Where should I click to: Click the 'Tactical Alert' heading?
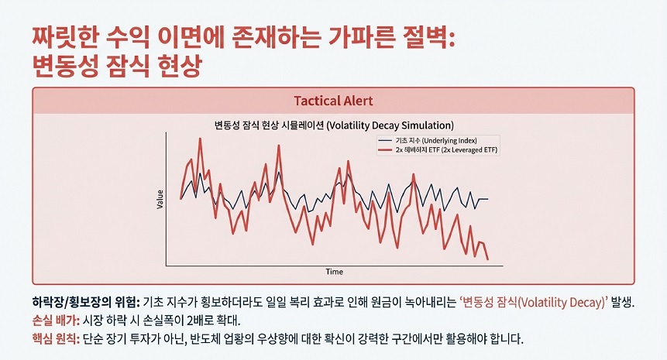[x=333, y=101]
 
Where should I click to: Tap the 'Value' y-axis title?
[x=160, y=199]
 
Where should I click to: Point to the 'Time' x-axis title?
[x=335, y=272]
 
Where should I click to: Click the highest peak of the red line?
[x=200, y=139]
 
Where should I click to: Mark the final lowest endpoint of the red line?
[x=487, y=259]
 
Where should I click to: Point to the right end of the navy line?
[x=487, y=199]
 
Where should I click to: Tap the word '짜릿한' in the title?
[x=67, y=38]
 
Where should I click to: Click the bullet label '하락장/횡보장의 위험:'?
[x=86, y=302]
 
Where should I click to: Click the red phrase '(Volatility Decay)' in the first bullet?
[x=562, y=302]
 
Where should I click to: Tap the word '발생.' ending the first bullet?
[x=623, y=302]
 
